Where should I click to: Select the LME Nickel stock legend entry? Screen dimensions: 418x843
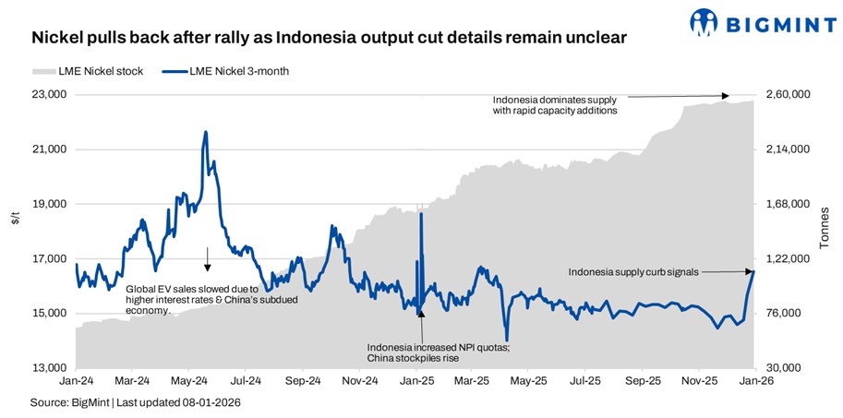(x=88, y=71)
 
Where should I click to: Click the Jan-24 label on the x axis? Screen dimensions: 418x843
(x=77, y=380)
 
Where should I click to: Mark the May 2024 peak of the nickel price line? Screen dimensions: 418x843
(x=205, y=132)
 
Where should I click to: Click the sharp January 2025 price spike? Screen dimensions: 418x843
(x=421, y=213)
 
